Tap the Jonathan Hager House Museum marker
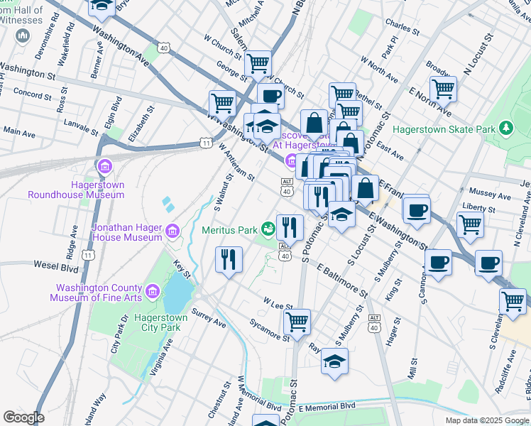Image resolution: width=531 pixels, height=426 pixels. tap(172, 230)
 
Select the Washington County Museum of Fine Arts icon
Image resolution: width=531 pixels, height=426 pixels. tap(152, 291)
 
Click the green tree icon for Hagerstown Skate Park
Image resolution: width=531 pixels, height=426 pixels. tap(505, 128)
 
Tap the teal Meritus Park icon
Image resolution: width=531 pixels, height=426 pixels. tap(268, 229)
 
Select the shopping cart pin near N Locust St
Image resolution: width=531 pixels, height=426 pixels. tap(443, 89)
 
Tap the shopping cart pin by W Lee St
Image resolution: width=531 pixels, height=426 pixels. tap(297, 321)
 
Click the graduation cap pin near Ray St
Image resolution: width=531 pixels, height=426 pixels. tap(334, 361)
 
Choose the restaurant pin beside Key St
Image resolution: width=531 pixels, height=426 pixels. tap(229, 259)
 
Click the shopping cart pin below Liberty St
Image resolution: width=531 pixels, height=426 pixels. tap(470, 224)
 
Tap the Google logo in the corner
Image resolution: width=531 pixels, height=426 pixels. tap(23, 417)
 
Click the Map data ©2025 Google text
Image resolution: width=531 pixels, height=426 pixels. tap(487, 420)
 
